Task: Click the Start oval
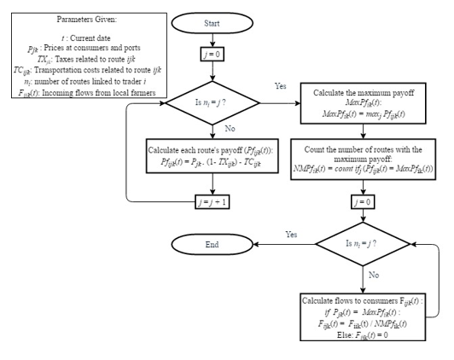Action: [x=213, y=24]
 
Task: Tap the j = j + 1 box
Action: [x=213, y=201]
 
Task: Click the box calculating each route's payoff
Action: [x=213, y=156]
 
